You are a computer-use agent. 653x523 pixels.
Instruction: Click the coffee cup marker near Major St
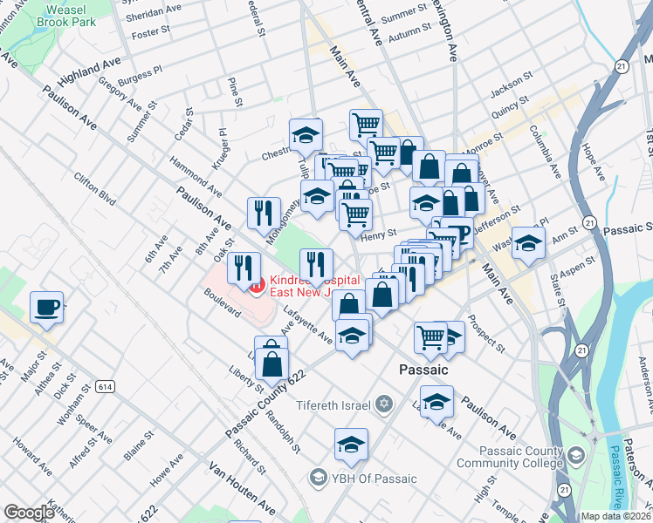[x=46, y=307]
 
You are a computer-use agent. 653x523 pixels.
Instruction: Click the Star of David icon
[x=384, y=404]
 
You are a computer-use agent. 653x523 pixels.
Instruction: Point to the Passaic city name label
[x=423, y=370]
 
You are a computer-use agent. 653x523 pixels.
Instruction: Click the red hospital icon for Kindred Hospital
[x=256, y=284]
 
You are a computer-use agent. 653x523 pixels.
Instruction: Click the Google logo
[x=29, y=513]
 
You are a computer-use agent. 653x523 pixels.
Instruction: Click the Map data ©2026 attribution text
[x=615, y=516]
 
